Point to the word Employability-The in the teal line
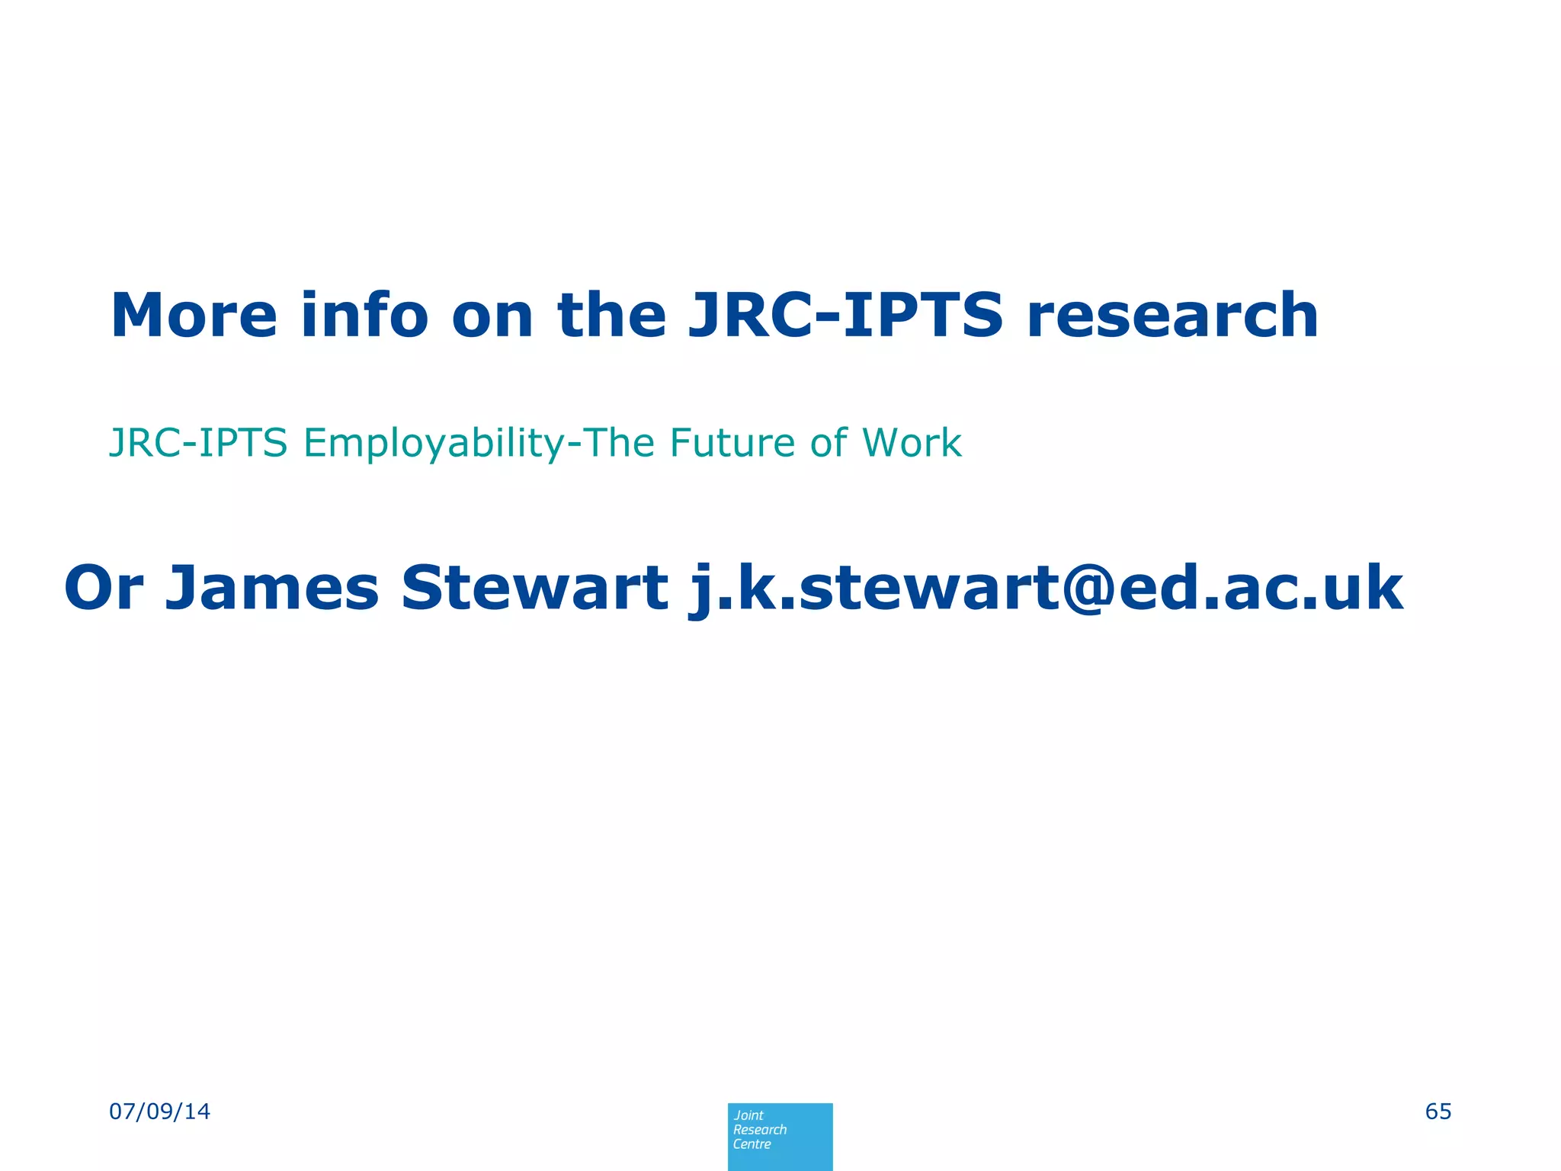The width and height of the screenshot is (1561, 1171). [x=479, y=444]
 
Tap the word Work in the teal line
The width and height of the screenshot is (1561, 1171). [x=912, y=442]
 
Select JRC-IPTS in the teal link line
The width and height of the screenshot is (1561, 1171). [x=198, y=442]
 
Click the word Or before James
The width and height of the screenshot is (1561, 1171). [x=104, y=588]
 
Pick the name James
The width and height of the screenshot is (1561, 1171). [x=272, y=588]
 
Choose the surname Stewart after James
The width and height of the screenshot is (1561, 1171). [x=534, y=588]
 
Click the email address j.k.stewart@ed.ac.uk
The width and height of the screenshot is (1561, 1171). [x=1046, y=588]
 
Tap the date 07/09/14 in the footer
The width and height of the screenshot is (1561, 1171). [x=160, y=1112]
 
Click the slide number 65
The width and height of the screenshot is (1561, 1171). [x=1438, y=1112]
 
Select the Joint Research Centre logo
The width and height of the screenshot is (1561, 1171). [x=780, y=1136]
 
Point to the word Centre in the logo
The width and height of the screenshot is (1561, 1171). [x=752, y=1144]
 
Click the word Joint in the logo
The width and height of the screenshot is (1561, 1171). [x=748, y=1115]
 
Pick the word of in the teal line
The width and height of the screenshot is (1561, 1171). [x=829, y=442]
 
